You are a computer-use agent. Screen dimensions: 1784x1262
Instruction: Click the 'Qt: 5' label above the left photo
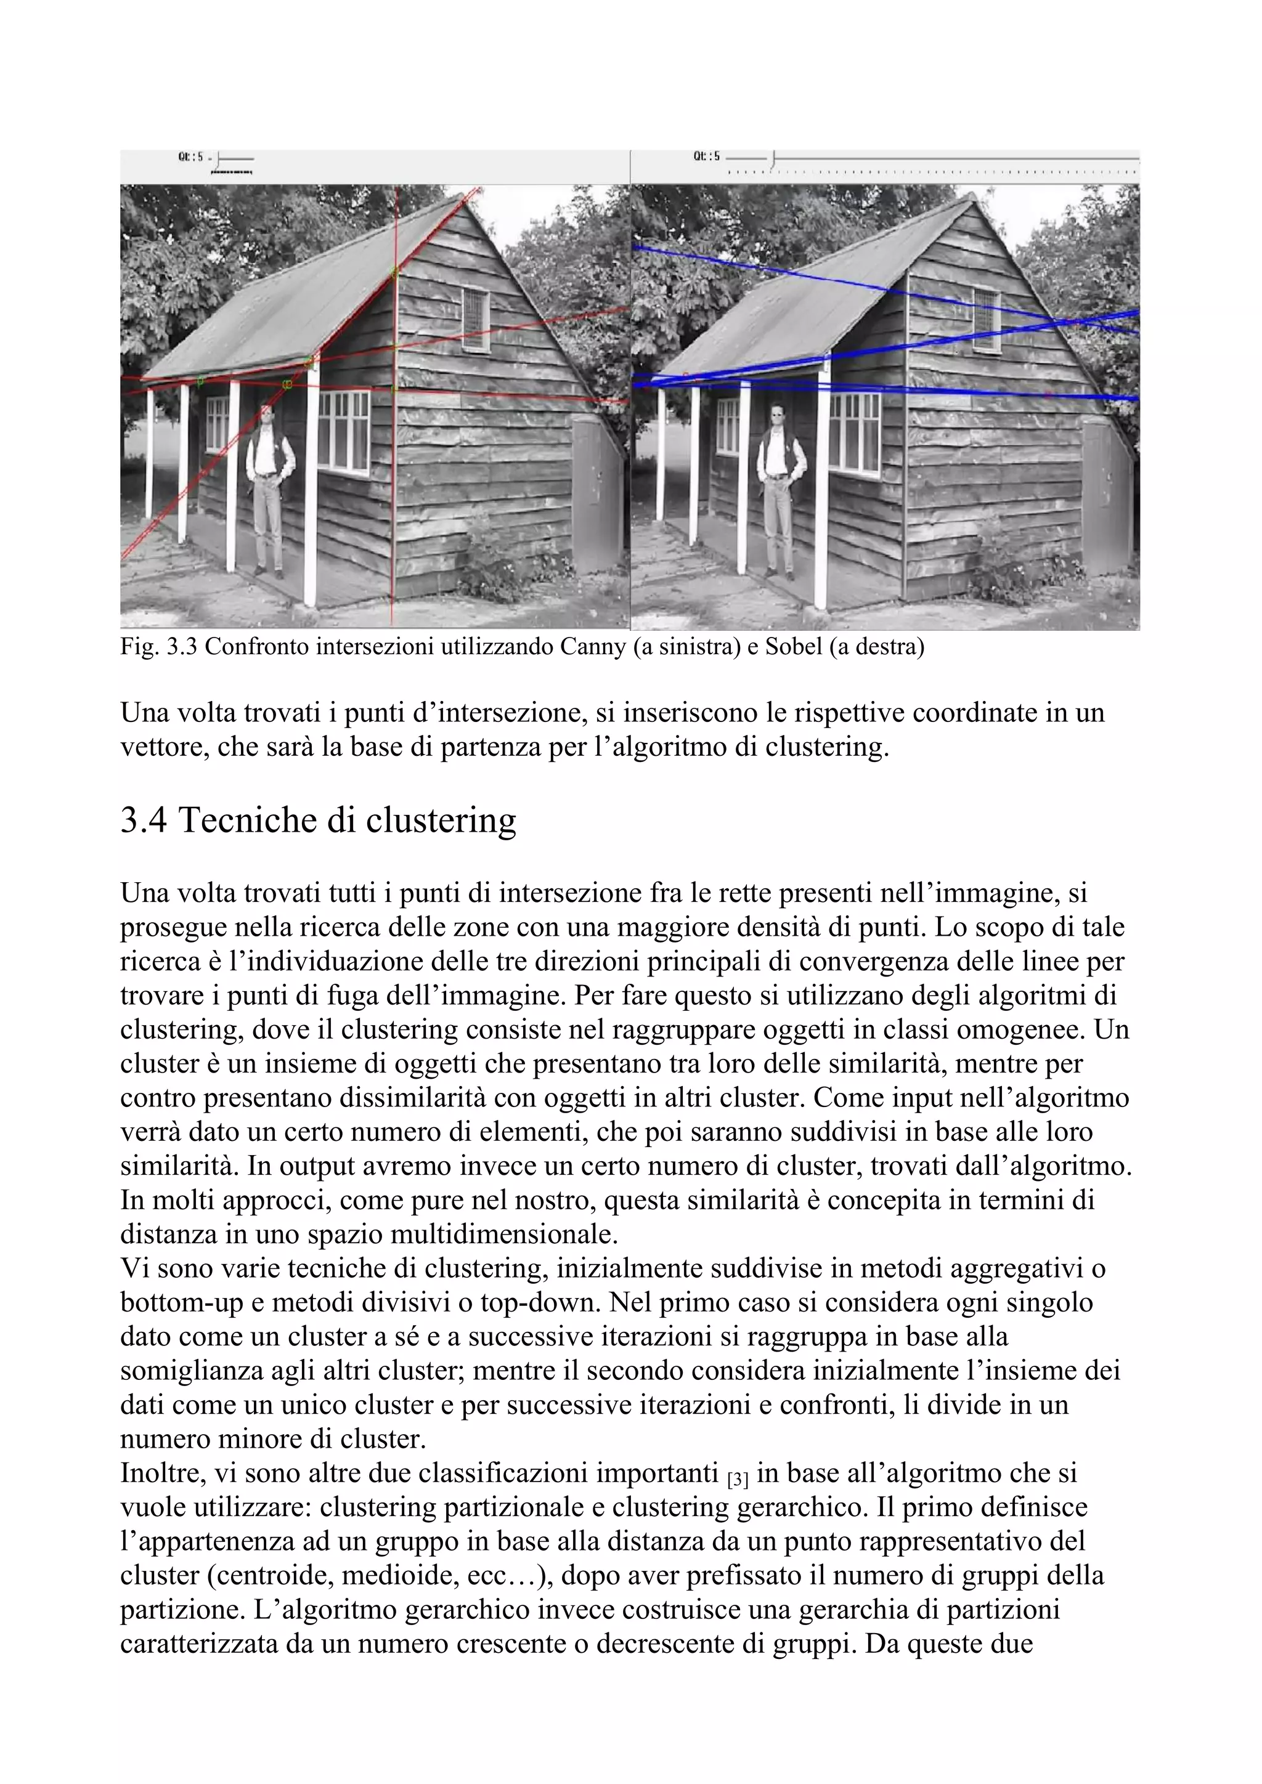(190, 157)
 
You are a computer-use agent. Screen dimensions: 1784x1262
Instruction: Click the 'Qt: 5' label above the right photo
(706, 156)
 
